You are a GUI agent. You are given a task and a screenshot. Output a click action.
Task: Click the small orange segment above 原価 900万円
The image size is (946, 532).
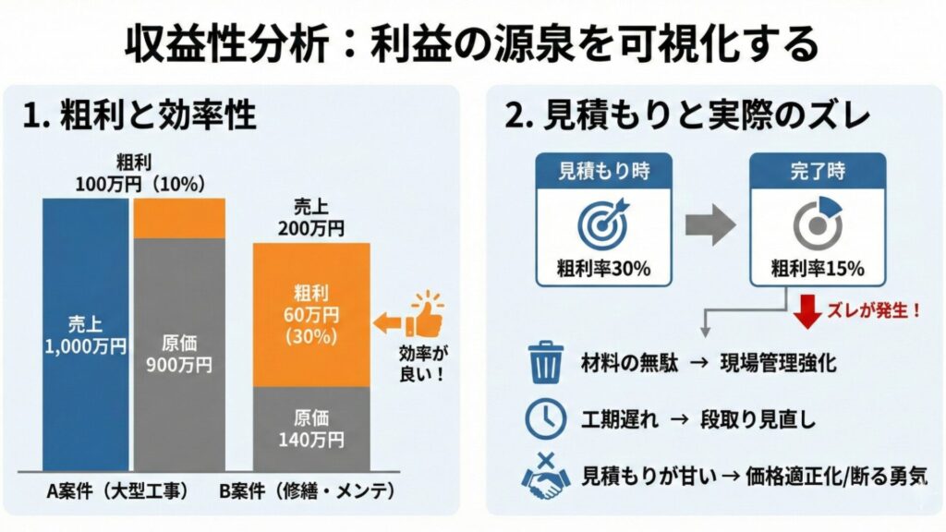point(179,218)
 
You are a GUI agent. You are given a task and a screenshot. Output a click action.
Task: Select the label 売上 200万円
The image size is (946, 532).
point(311,217)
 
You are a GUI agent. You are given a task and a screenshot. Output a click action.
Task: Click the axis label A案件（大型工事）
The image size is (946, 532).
point(117,492)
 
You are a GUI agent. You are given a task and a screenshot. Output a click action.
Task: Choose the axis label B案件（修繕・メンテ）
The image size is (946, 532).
point(311,492)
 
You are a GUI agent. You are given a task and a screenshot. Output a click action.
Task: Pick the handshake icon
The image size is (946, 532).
point(545,475)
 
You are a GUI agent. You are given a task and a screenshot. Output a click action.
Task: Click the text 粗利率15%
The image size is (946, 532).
point(817,270)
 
